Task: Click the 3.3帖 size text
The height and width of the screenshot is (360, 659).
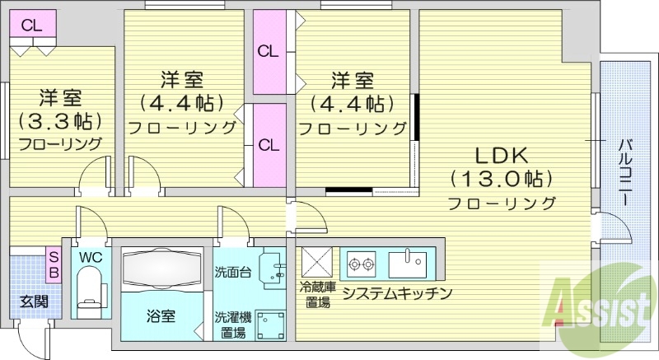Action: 60,120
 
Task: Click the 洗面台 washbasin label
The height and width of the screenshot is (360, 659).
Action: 233,271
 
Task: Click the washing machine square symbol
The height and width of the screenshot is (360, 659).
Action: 270,324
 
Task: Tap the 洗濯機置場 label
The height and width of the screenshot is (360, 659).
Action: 231,325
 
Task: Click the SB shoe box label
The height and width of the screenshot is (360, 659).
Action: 52,264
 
